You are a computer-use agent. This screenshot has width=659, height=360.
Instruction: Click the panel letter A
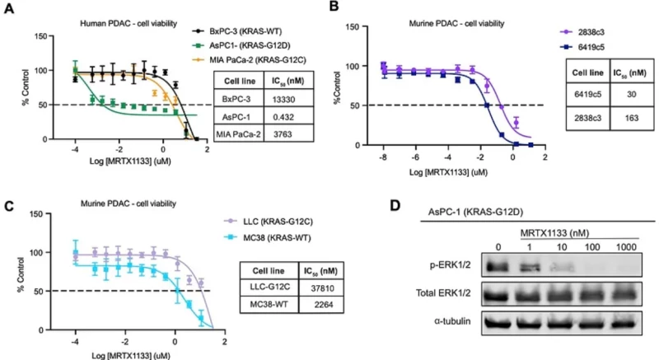[8, 9]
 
